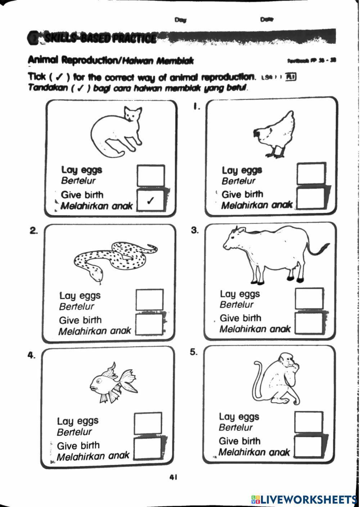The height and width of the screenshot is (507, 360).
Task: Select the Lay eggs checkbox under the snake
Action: click(149, 300)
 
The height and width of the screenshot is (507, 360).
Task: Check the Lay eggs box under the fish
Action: click(148, 423)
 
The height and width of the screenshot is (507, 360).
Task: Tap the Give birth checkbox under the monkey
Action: click(308, 447)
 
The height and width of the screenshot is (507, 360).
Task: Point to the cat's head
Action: click(132, 115)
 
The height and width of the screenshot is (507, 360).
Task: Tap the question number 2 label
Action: click(34, 231)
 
